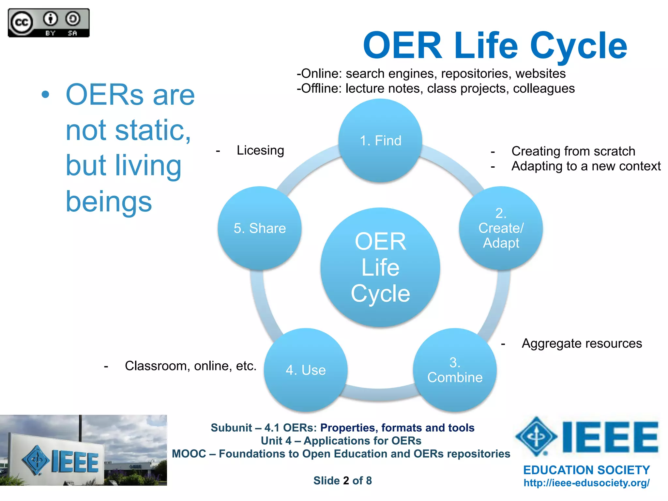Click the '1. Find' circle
[380, 141]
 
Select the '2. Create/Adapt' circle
[501, 228]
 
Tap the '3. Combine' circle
[455, 370]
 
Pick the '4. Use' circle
[306, 370]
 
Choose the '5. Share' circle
[260, 228]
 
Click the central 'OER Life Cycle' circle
[380, 267]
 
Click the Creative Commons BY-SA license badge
[49, 23]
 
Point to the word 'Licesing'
[260, 150]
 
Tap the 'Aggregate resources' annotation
[582, 343]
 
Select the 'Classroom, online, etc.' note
[190, 366]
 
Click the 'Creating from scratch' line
[573, 151]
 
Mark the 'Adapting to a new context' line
[586, 166]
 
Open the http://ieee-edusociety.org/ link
[586, 483]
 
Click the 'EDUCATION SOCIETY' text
[586, 470]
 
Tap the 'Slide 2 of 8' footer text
[342, 480]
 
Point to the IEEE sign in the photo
[60, 461]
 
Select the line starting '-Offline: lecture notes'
[435, 88]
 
